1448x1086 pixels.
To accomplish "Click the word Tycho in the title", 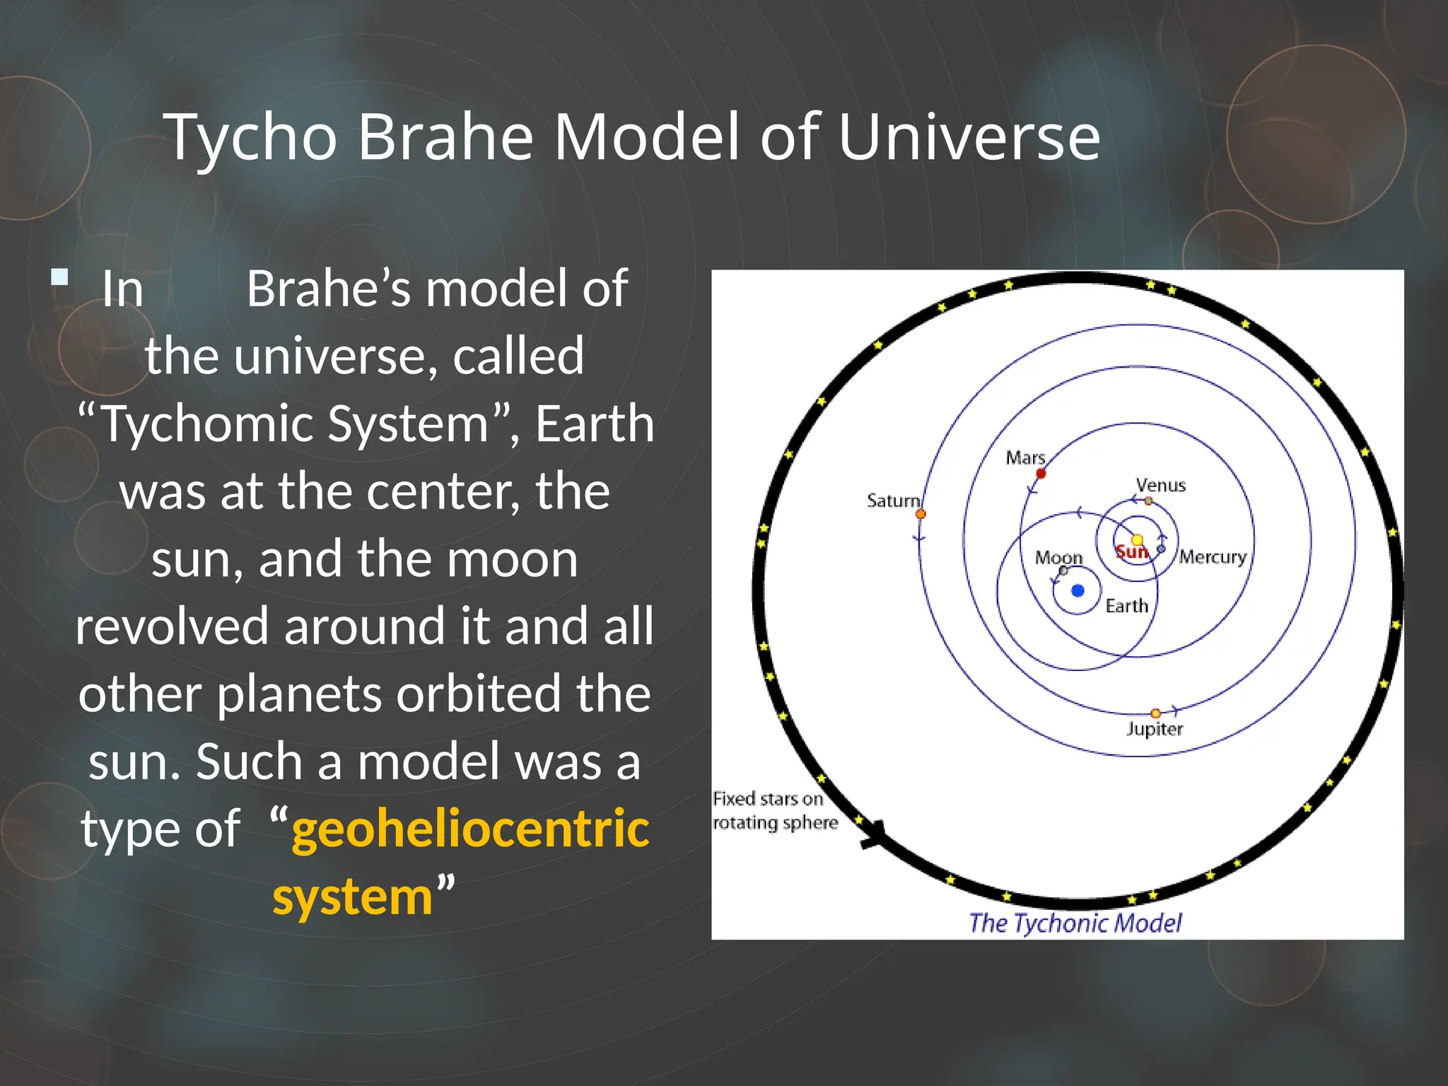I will coord(251,137).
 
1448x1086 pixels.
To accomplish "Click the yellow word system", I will coord(352,896).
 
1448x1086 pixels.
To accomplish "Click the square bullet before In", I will coord(60,276).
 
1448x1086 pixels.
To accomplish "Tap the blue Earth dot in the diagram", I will coord(1078,590).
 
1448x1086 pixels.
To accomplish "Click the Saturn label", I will coord(893,501).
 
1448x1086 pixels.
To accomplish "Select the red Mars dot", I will coord(1041,473).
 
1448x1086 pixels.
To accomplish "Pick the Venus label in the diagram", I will coord(1160,485).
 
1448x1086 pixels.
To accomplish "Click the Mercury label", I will coord(1213,557).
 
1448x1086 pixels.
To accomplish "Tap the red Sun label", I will coord(1131,552).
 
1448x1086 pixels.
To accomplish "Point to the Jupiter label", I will coord(1154,729).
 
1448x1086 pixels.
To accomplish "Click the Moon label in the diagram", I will coord(1058,558).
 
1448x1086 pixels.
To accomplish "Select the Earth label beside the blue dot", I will coord(1126,606).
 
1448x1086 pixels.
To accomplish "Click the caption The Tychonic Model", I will coord(1075,923).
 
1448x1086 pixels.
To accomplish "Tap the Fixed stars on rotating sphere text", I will coord(774,810).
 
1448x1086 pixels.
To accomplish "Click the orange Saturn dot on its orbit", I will coord(921,514).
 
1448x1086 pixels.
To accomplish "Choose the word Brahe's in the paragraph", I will coord(328,289).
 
